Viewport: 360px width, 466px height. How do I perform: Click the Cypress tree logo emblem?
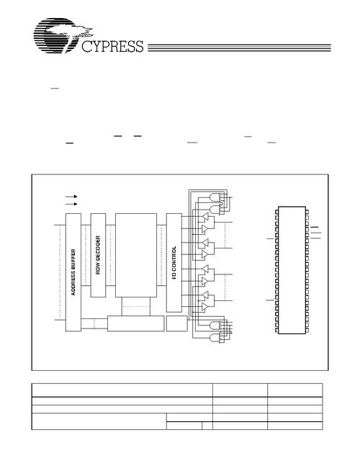[x=60, y=35]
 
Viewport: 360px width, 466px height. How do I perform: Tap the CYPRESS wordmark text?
[x=112, y=47]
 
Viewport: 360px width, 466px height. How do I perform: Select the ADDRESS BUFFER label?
[x=73, y=272]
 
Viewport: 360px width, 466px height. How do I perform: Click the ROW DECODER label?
[x=98, y=255]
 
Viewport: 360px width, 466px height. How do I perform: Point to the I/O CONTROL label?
[x=174, y=262]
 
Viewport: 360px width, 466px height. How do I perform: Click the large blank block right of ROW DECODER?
[x=136, y=255]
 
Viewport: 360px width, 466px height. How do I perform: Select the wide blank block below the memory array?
[x=135, y=323]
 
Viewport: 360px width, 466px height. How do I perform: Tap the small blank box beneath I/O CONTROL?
[x=176, y=323]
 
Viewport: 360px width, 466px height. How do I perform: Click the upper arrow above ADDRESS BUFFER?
[x=71, y=197]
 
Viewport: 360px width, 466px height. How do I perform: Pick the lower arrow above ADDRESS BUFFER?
[x=71, y=204]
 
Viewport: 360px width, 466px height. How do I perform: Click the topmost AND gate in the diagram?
[x=215, y=197]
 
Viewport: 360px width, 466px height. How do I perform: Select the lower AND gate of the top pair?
[x=215, y=210]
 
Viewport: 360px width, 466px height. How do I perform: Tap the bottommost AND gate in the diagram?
[x=215, y=339]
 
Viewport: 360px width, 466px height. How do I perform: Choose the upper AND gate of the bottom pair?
[x=215, y=326]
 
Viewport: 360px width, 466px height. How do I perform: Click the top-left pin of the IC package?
[x=276, y=212]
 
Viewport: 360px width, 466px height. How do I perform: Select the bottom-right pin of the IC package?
[x=307, y=330]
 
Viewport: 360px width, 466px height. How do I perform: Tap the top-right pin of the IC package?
[x=307, y=212]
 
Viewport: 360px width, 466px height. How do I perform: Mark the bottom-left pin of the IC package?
[x=276, y=330]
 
